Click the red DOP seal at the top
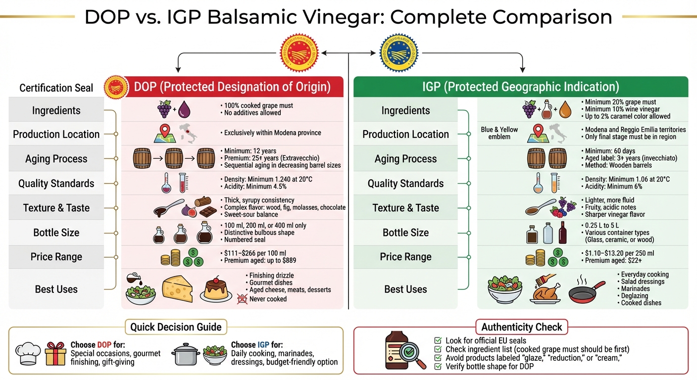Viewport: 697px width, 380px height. (x=299, y=52)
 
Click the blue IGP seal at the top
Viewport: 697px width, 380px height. (x=398, y=52)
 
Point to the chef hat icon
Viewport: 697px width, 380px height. (x=28, y=353)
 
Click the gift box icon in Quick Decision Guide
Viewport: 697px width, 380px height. (x=55, y=353)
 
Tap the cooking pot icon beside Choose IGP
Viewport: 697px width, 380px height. (x=185, y=354)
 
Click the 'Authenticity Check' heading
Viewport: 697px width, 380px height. (x=521, y=327)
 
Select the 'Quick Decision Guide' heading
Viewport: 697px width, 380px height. (x=176, y=327)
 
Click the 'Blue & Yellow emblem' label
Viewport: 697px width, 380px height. (x=499, y=133)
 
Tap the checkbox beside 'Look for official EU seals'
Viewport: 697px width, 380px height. (x=438, y=340)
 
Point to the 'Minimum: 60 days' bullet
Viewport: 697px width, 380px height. (x=607, y=151)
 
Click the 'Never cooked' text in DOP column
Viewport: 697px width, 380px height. (x=268, y=299)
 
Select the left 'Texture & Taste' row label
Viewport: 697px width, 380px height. (x=56, y=208)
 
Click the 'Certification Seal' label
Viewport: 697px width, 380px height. (x=56, y=88)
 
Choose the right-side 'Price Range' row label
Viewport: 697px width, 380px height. (x=405, y=257)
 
